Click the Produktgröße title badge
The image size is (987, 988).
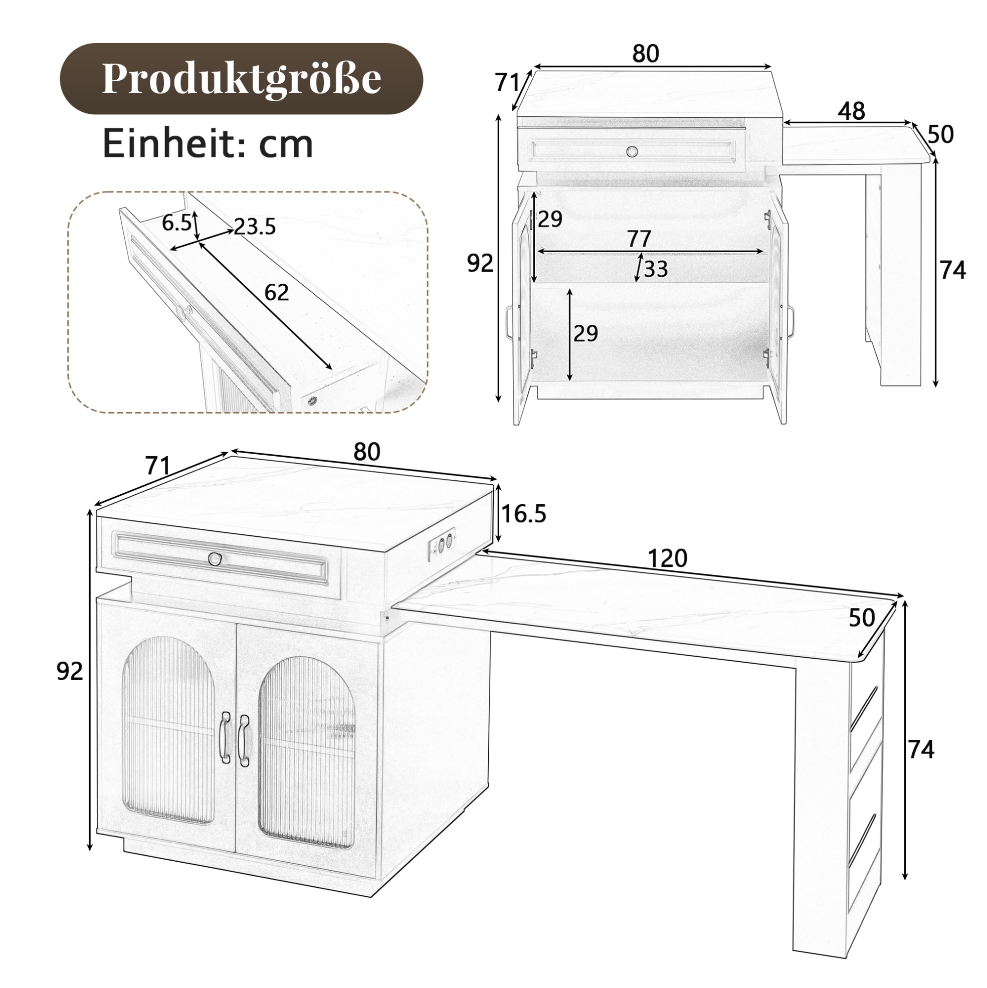click(242, 79)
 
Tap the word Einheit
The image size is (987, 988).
click(163, 144)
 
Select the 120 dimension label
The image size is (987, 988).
click(667, 558)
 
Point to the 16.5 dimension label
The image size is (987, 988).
click(524, 513)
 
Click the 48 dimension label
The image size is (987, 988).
click(852, 111)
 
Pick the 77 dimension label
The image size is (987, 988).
click(639, 239)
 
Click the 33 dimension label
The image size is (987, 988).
click(656, 269)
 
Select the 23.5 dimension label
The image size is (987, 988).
click(255, 226)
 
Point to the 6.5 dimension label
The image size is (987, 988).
click(176, 223)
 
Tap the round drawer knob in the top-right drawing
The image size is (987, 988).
click(633, 151)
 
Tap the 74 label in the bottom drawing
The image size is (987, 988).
click(921, 750)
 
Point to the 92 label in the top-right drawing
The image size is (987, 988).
click(480, 263)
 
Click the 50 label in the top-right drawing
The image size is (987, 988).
click(940, 134)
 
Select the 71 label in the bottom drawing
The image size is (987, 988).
click(157, 465)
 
